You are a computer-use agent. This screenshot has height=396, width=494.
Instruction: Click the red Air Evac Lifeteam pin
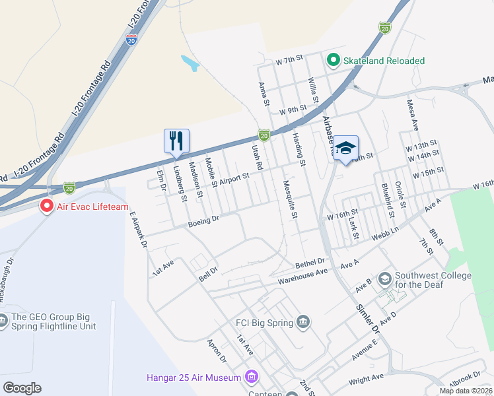coord(46,206)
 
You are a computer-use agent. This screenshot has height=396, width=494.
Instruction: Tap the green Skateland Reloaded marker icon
coord(333,61)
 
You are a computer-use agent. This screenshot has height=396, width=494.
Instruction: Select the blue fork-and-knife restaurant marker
coord(176,141)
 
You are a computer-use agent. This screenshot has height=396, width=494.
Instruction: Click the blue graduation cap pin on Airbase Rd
coord(345,148)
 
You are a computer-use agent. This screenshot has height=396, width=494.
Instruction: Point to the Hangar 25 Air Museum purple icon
coord(251,378)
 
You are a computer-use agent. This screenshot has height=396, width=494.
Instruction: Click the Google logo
coord(22,387)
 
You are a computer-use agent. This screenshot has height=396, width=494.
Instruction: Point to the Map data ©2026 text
coord(465,391)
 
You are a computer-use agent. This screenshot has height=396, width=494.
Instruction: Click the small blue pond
coord(190,63)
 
